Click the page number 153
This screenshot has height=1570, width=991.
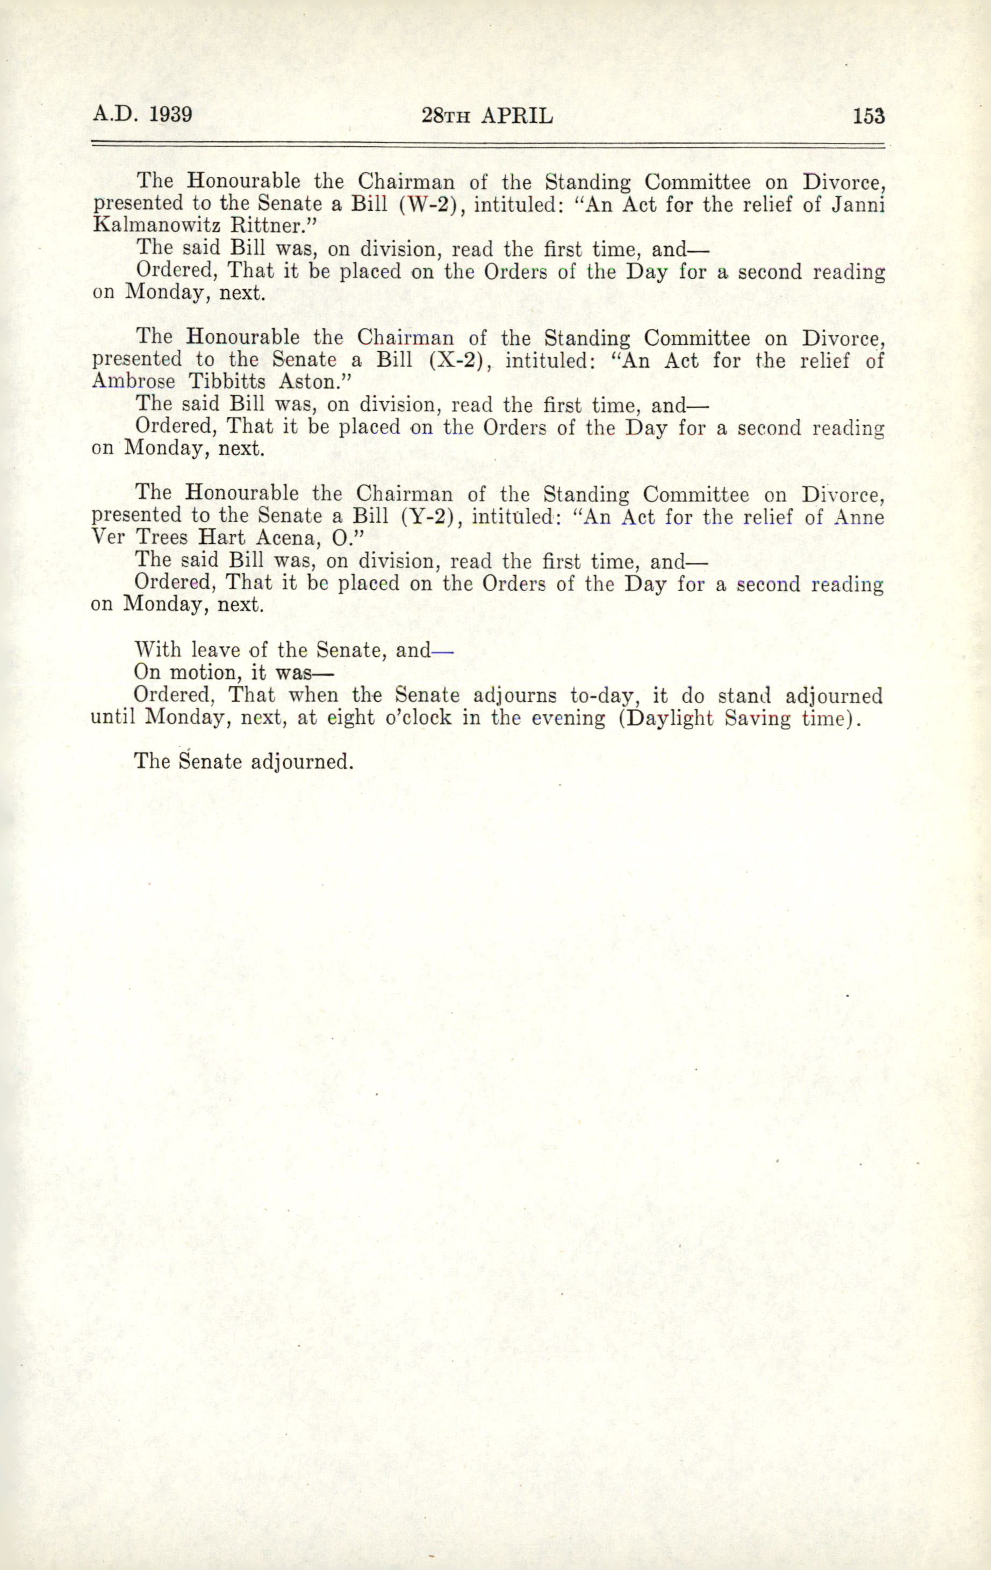coord(868,116)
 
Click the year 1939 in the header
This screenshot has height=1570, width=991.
coord(170,114)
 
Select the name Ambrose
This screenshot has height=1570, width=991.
coord(134,382)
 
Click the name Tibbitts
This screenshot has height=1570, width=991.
coord(227,382)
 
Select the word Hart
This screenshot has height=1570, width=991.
coord(221,539)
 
